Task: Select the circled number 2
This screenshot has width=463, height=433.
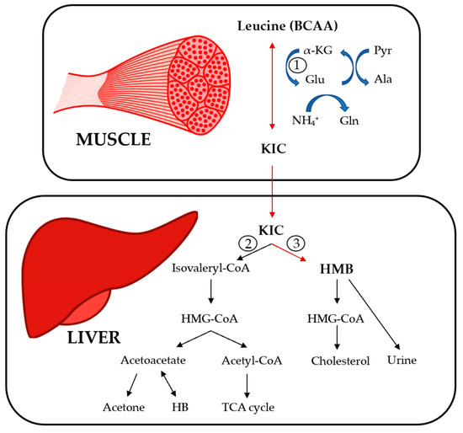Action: click(247, 243)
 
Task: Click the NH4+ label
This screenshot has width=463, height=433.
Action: click(313, 120)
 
